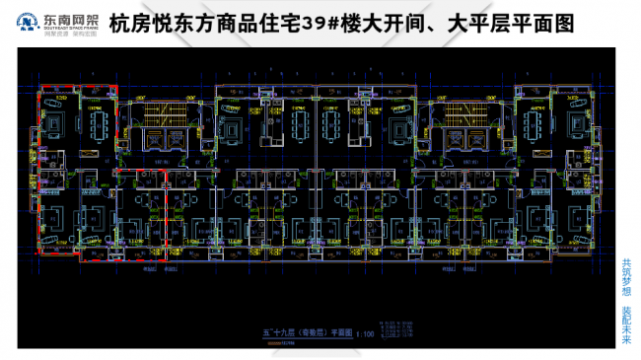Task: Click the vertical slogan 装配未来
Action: [x=626, y=325]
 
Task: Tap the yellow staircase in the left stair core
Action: [x=159, y=113]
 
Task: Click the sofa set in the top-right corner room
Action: [x=576, y=122]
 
